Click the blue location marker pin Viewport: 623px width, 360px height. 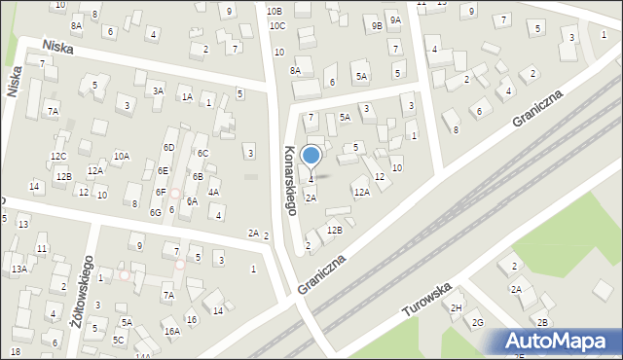311,156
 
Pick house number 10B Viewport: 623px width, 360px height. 274,11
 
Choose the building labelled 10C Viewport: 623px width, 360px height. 277,25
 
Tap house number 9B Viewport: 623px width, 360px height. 377,26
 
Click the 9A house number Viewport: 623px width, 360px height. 394,19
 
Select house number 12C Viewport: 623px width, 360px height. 58,156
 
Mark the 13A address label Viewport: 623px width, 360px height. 18,269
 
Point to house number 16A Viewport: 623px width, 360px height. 171,331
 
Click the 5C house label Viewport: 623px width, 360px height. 118,340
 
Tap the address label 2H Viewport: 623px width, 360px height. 456,307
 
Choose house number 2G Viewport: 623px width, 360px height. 477,323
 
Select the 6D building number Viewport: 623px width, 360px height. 168,147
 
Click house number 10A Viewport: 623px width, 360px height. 121,156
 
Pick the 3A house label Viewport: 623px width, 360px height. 158,90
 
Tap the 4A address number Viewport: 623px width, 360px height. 213,193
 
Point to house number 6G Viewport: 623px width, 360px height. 155,212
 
